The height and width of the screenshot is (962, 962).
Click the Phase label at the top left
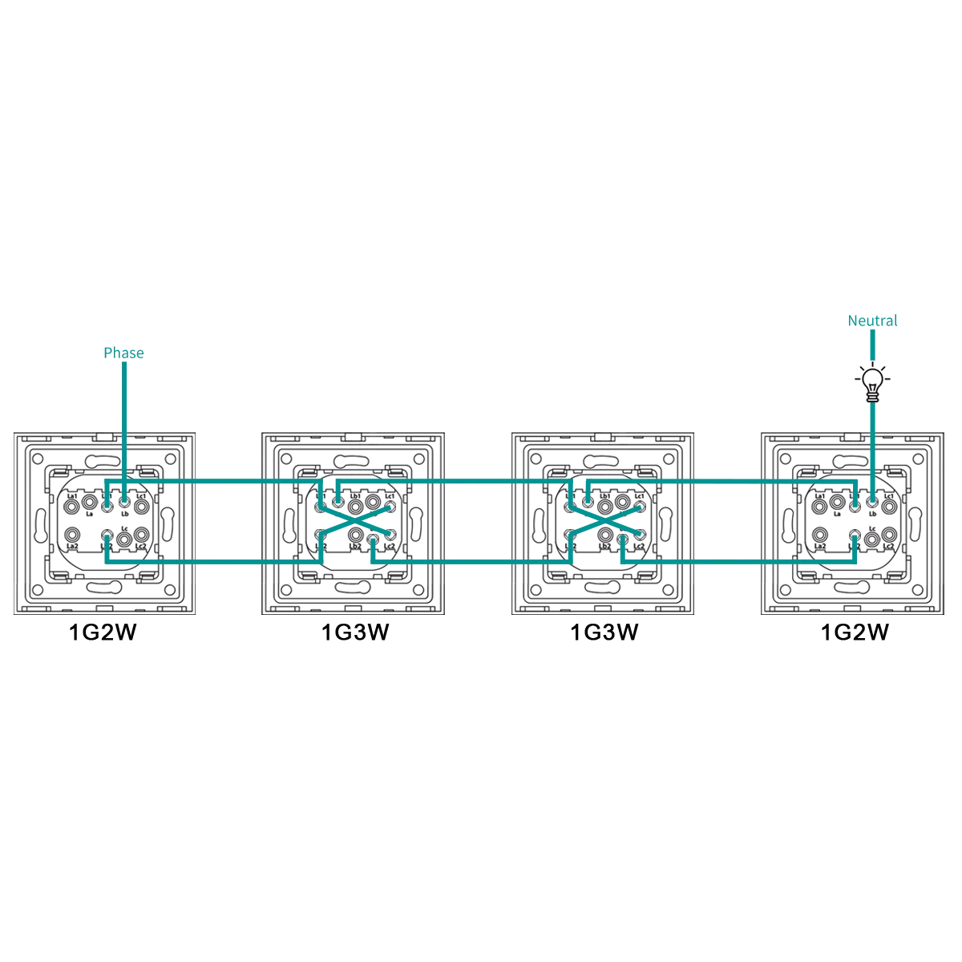(x=125, y=353)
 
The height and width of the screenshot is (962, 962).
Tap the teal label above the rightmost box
(x=872, y=321)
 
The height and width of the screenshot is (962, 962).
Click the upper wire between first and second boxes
(x=228, y=480)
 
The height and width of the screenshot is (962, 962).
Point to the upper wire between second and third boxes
(x=478, y=480)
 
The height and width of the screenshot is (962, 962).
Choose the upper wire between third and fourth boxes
(x=728, y=480)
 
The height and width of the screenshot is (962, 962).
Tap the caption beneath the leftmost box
(x=103, y=633)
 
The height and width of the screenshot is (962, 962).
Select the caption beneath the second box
(x=356, y=633)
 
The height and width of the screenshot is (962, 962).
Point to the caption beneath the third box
(x=606, y=633)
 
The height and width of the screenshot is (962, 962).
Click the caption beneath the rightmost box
(x=855, y=633)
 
